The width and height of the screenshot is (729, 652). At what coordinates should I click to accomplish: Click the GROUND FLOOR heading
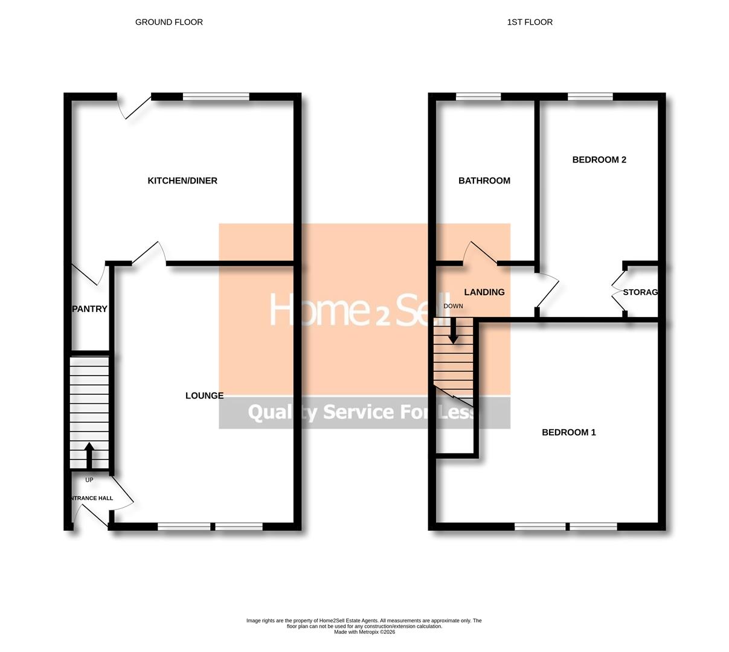169,22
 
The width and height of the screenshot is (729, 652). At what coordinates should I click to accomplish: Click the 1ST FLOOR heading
530,22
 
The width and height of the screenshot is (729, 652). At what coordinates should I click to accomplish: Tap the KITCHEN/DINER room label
182,181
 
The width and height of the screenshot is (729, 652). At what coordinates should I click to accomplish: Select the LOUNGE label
204,395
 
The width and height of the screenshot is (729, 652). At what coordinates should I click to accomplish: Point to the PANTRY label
89,308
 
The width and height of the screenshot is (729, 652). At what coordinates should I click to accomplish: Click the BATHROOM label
484,181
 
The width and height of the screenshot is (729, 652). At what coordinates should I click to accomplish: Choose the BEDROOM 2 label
599,159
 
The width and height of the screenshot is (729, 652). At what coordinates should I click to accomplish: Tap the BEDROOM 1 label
568,432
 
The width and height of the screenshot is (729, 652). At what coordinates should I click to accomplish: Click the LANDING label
484,292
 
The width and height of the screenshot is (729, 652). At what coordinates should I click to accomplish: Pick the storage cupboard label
640,292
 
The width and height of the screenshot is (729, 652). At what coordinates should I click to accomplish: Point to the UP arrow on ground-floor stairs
89,456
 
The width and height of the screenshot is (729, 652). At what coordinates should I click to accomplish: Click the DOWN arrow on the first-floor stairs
452,332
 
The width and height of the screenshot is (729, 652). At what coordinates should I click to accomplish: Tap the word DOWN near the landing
453,306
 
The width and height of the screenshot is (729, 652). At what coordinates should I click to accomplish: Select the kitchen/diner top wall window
216,97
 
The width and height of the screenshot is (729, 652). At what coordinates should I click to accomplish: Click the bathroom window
478,97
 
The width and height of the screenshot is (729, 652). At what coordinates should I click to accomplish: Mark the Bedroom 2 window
590,97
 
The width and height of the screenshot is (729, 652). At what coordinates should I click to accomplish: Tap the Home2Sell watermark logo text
360,310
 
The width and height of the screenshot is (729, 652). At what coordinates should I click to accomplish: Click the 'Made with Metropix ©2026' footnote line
364,632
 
